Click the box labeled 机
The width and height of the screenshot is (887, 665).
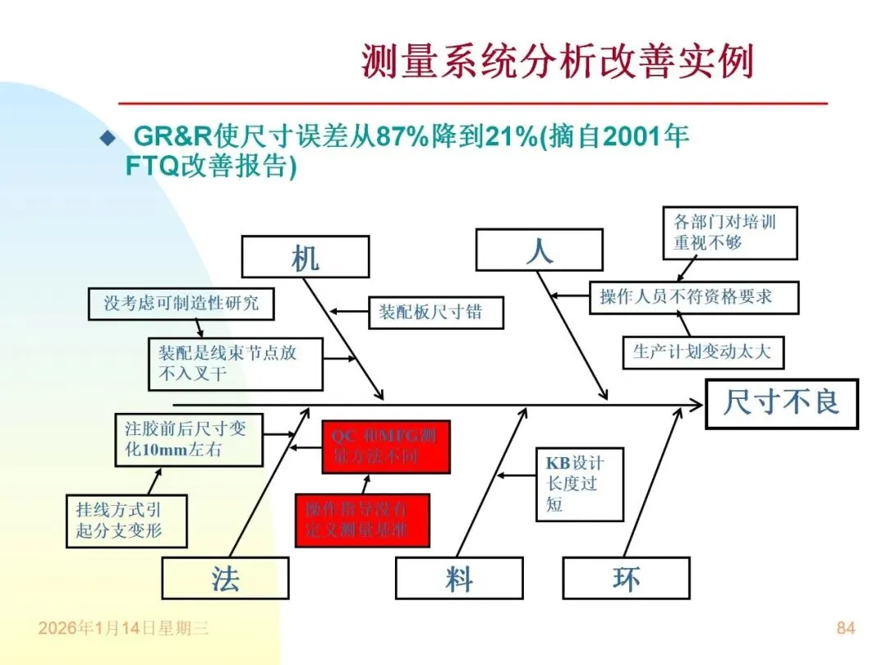[x=305, y=256]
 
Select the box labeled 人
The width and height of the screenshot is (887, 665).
[x=539, y=250]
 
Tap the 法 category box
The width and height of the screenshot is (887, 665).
[x=225, y=578]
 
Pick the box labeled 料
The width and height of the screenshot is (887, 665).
[x=459, y=578]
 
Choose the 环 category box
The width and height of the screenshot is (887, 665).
[x=626, y=578]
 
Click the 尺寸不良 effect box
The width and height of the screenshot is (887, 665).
[x=781, y=403]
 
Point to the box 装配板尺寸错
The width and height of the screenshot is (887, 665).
[x=435, y=312]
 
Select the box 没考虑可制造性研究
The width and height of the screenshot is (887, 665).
[x=181, y=303]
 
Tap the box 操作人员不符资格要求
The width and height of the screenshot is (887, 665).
[x=693, y=296]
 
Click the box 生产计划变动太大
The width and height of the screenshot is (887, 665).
[x=702, y=353]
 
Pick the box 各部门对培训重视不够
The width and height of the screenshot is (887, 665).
[x=729, y=232]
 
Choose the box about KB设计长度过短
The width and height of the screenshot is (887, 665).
[x=580, y=484]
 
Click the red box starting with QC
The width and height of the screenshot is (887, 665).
[x=386, y=447]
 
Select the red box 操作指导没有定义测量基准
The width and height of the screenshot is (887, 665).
[x=362, y=520]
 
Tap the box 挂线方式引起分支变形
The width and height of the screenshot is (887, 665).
[x=126, y=521]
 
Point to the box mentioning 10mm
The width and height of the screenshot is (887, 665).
[x=190, y=440]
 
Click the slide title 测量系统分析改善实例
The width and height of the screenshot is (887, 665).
[x=557, y=62]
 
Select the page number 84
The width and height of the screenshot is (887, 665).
[x=845, y=628]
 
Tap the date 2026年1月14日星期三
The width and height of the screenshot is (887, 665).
[x=123, y=629]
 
